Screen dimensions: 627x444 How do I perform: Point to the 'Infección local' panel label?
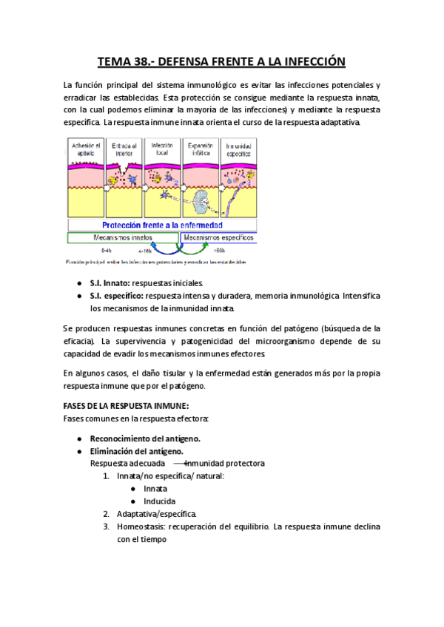tap(162, 149)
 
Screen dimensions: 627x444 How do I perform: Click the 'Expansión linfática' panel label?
tap(200, 149)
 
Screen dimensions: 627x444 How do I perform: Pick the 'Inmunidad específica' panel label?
tap(238, 149)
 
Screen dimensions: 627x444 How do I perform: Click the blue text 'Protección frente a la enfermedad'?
tap(162, 225)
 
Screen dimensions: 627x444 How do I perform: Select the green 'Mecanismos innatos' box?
tap(123, 238)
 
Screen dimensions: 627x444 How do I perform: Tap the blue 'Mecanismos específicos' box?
tap(218, 238)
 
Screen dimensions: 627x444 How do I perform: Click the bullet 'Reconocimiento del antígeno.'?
tap(145, 438)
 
